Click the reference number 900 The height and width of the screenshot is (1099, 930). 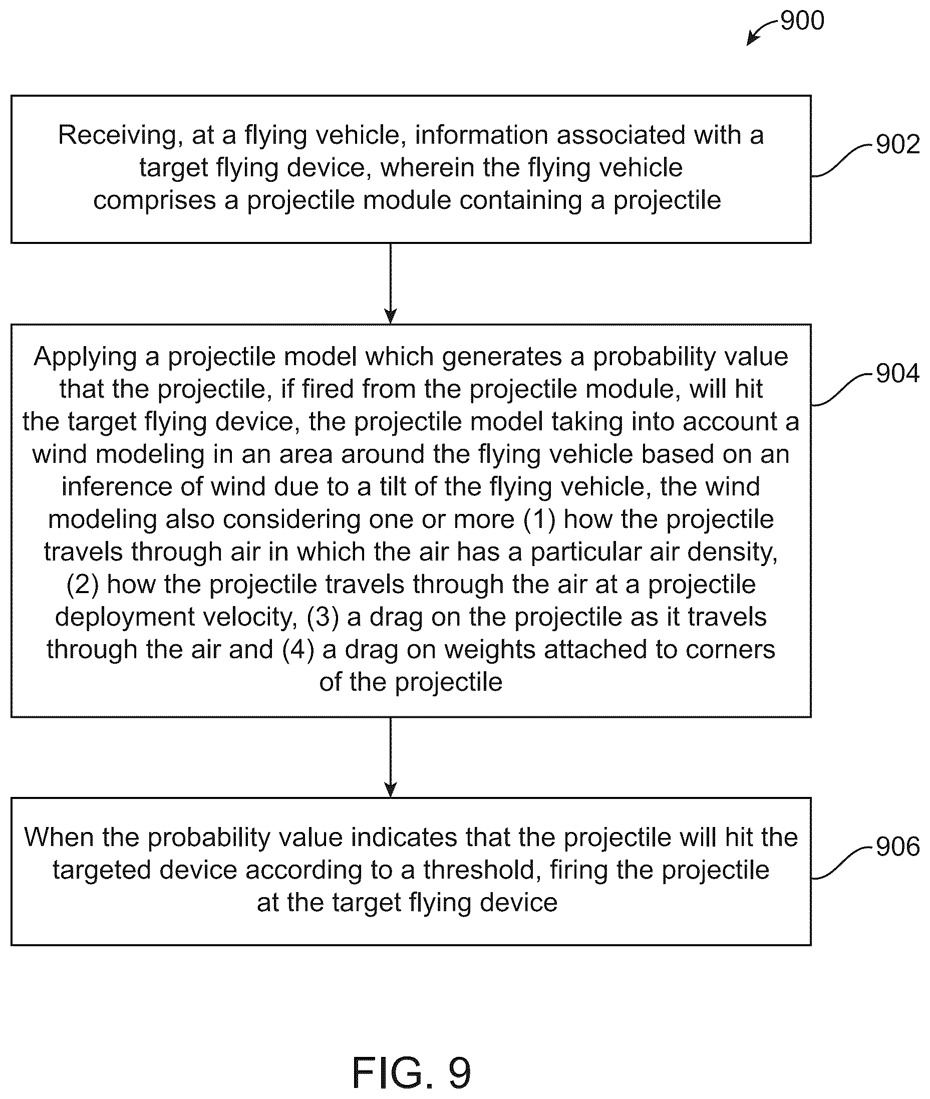pyautogui.click(x=802, y=21)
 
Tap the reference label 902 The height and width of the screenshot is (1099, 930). pyautogui.click(x=898, y=144)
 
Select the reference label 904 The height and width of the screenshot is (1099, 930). pyautogui.click(x=898, y=373)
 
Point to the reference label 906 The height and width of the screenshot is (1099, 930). pyautogui.click(x=898, y=847)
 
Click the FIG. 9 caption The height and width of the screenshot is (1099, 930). pyautogui.click(x=411, y=1072)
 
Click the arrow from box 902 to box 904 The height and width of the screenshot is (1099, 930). pyautogui.click(x=390, y=284)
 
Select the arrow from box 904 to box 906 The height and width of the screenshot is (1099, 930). pyautogui.click(x=390, y=757)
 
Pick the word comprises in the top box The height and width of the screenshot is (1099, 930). pyautogui.click(x=154, y=200)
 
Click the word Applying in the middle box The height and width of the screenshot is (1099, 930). pyautogui.click(x=86, y=357)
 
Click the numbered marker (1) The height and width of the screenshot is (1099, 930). pyautogui.click(x=539, y=520)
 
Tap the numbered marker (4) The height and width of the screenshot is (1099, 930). pyautogui.click(x=298, y=650)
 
